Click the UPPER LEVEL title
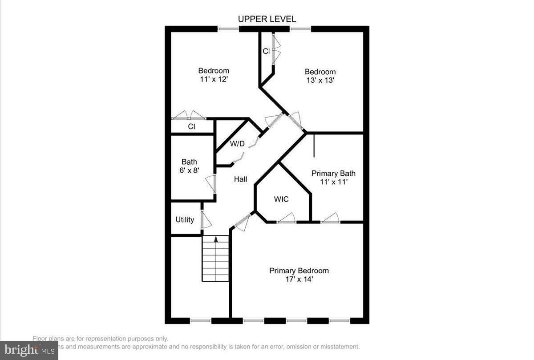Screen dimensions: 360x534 point(267,19)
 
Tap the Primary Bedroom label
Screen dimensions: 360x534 point(299,271)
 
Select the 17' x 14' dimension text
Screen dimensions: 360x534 point(299,279)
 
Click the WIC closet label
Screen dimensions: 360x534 point(281,199)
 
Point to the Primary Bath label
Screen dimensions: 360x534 point(333,173)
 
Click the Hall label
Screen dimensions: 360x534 point(241,179)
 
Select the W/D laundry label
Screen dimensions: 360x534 point(237,144)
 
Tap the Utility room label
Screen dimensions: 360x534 point(185,219)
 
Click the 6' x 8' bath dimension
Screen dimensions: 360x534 point(189,170)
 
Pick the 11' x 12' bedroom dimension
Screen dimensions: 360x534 point(214,79)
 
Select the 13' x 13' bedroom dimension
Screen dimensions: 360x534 point(320,81)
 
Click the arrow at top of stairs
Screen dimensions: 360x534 point(216,239)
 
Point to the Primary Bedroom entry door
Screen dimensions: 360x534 point(242,223)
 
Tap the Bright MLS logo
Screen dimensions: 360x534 point(29,350)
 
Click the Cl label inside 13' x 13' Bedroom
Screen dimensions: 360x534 point(266,51)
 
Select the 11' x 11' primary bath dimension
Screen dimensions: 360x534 point(333,182)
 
